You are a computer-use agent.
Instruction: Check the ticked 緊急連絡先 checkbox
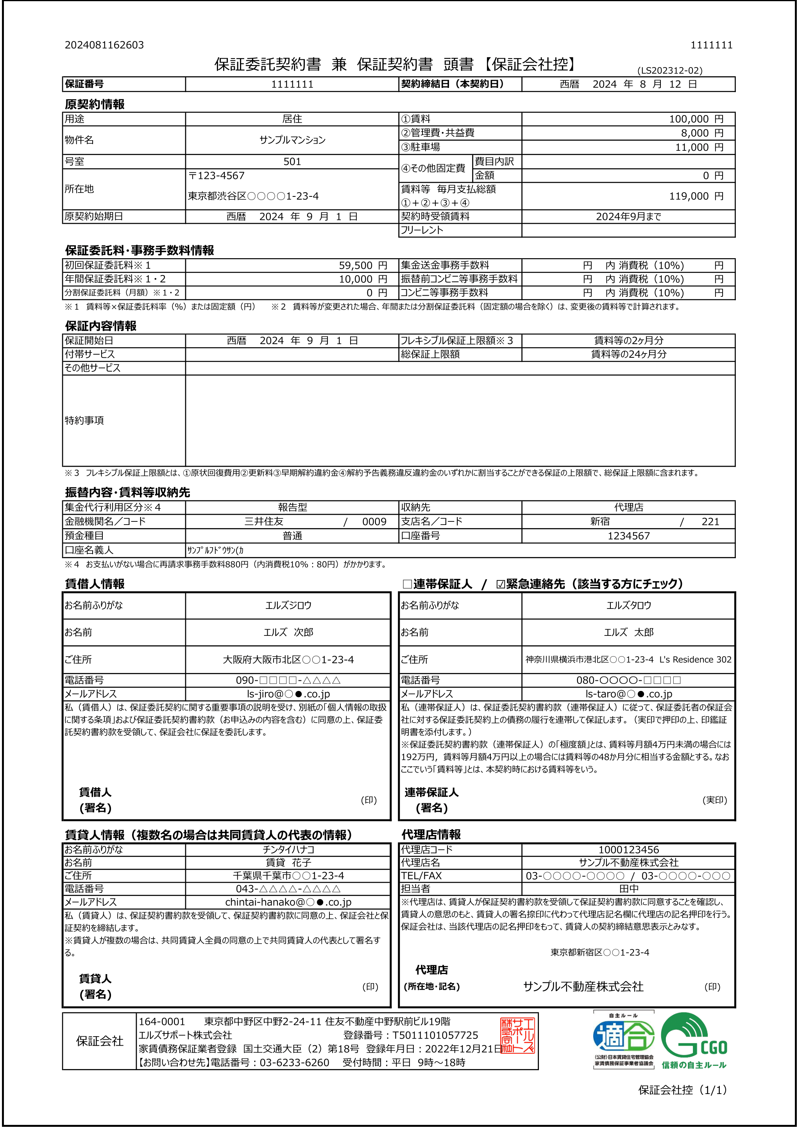click(501, 584)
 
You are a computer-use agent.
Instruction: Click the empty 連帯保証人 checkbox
click(407, 584)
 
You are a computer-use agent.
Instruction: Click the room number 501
click(292, 162)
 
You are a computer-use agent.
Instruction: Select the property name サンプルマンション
click(292, 140)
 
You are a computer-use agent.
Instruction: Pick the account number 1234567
click(628, 536)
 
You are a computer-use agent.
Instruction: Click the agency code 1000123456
click(628, 850)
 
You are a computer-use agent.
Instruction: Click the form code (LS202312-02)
click(670, 71)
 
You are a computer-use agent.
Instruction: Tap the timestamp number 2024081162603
click(104, 45)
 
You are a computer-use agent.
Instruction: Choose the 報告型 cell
click(292, 507)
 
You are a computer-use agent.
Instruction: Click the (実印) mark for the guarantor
click(714, 800)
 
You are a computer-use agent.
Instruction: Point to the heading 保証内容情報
click(101, 326)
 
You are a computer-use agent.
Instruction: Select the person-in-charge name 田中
click(628, 888)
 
